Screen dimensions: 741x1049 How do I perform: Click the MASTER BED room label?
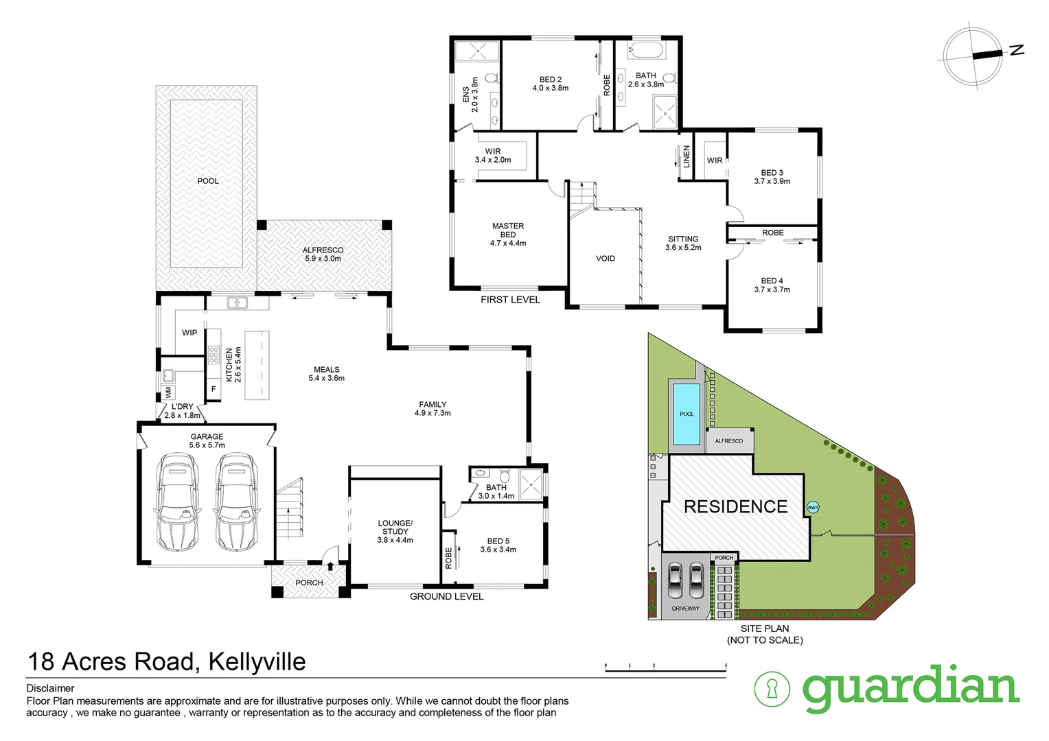pos(508,234)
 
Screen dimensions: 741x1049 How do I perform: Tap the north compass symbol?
pos(976,54)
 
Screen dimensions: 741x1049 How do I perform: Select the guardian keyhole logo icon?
pos(772,688)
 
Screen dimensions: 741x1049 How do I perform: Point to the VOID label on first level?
pos(605,259)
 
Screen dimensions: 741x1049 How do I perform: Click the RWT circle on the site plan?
pos(813,508)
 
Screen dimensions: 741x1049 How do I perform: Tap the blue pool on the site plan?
pos(687,414)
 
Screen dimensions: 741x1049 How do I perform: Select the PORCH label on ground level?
pos(309,583)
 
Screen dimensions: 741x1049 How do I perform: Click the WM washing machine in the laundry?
pos(168,392)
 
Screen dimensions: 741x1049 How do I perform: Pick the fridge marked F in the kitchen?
pos(214,390)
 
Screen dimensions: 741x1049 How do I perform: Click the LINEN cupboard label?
pos(686,156)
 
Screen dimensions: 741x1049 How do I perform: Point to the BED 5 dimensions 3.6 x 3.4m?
pos(498,550)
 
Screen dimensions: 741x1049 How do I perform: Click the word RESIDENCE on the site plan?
pos(735,507)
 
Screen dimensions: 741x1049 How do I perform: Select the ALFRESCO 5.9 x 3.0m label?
pos(323,255)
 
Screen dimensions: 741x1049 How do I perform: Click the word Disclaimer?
pos(50,688)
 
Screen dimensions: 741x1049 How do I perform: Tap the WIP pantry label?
pos(189,333)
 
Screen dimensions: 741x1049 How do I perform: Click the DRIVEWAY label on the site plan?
pos(685,609)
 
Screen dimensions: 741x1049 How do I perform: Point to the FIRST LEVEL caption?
pos(510,299)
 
